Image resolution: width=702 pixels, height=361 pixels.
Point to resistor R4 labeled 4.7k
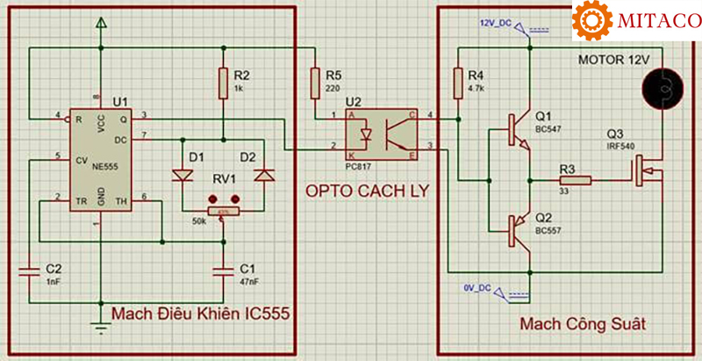[456, 83]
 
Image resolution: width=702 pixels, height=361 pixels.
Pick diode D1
[183, 175]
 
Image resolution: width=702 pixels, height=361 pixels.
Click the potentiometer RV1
[223, 211]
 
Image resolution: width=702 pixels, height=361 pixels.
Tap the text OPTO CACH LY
[366, 191]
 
